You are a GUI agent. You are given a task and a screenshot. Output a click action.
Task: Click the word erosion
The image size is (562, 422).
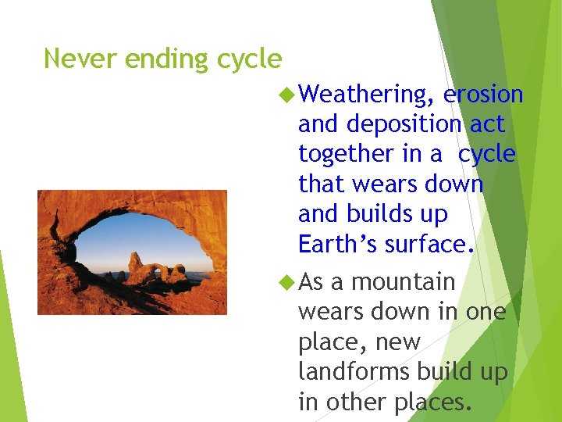pyautogui.click(x=482, y=95)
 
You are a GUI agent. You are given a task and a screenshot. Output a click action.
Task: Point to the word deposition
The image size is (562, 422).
pyautogui.click(x=404, y=125)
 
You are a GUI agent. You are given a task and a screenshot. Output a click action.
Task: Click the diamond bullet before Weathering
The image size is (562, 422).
pyautogui.click(x=286, y=95)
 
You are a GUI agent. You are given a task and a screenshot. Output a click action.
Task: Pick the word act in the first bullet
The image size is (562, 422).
pyautogui.click(x=486, y=125)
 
